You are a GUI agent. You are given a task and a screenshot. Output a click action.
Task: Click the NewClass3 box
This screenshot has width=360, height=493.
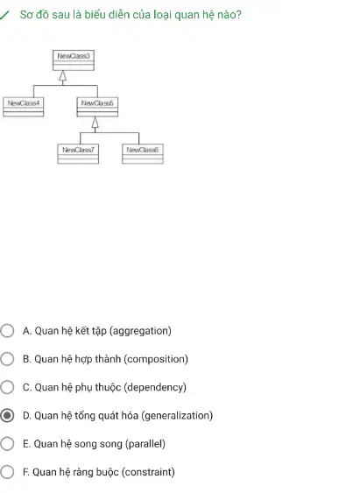74,60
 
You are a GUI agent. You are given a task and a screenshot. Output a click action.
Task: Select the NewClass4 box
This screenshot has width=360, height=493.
24,107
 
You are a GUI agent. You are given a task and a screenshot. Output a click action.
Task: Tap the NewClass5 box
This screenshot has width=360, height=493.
97,107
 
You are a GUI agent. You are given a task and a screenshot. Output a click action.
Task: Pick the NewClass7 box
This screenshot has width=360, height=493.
78,154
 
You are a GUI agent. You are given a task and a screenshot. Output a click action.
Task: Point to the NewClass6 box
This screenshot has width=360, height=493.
143,154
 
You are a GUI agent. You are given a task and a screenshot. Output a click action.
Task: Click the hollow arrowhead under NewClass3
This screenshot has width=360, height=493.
63,76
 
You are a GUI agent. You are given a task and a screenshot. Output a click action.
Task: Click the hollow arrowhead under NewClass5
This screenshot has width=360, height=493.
95,123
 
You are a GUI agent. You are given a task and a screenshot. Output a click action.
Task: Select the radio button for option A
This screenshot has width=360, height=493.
7,331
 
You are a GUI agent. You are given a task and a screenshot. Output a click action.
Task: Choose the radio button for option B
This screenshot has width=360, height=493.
7,359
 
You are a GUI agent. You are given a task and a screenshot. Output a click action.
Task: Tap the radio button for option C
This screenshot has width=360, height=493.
7,387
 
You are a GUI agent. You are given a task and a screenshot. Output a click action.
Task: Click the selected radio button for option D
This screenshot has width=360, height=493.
7,416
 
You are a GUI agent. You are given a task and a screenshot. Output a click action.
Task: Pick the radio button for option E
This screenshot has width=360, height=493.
7,444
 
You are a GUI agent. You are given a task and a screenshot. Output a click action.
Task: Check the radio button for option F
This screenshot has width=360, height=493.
7,472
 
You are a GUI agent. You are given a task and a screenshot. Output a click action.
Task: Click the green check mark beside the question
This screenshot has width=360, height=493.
4,15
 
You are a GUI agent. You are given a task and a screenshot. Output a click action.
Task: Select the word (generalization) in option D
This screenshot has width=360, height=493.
177,416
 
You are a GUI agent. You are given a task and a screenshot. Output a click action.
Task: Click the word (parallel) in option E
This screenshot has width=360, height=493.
145,444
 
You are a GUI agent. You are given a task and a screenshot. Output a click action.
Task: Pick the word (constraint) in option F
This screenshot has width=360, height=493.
148,472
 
